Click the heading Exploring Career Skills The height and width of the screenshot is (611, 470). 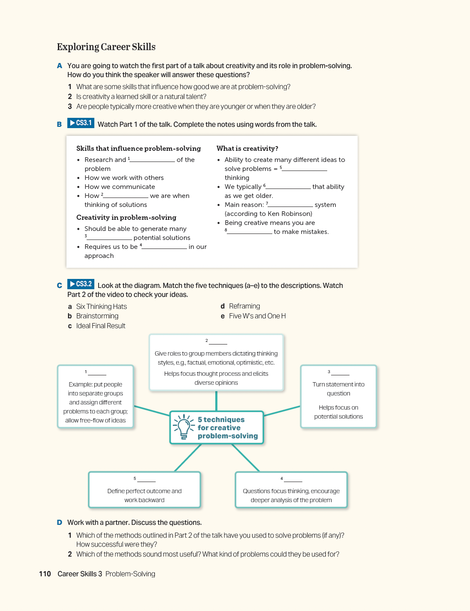106,47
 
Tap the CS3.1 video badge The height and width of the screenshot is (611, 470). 81,123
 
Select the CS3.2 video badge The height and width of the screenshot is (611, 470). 81,284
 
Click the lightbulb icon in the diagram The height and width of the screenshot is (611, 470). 184,426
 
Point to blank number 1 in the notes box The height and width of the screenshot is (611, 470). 152,160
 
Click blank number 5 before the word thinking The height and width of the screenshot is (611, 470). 304,169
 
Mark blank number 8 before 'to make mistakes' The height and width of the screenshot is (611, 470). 250,232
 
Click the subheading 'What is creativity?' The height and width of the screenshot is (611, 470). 247,149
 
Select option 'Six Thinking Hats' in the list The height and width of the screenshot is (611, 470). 101,307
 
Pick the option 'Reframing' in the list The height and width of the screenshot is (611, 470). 244,306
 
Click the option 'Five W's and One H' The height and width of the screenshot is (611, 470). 257,316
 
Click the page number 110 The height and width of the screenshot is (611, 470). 45,574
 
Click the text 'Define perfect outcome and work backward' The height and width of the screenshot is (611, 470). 145,496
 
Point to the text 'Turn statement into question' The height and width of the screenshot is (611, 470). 338,389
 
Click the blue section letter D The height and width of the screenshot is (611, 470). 60,523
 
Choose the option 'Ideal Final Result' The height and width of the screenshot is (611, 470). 101,326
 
